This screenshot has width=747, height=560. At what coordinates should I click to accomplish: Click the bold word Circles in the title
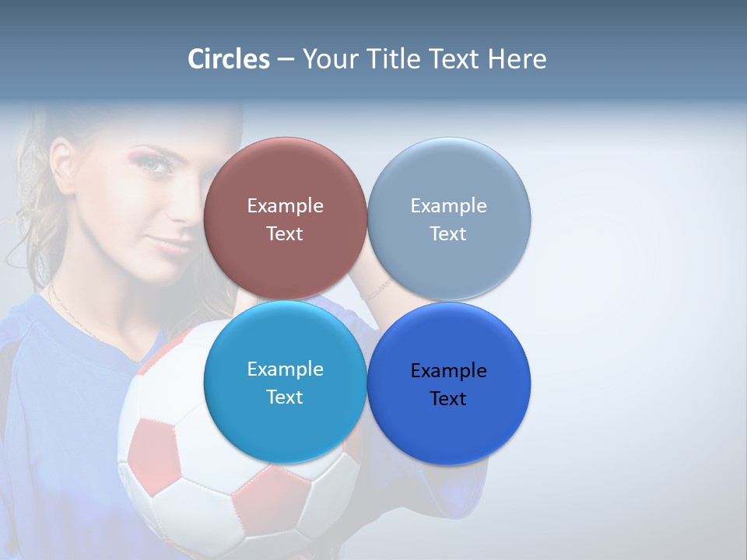point(229,59)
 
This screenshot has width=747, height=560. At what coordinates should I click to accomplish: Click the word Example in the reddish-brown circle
point(285,206)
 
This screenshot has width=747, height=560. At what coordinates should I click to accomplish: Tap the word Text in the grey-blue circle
point(448,234)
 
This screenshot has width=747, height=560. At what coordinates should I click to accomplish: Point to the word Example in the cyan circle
point(285,369)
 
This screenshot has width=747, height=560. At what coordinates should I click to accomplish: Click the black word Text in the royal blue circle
point(448,399)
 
